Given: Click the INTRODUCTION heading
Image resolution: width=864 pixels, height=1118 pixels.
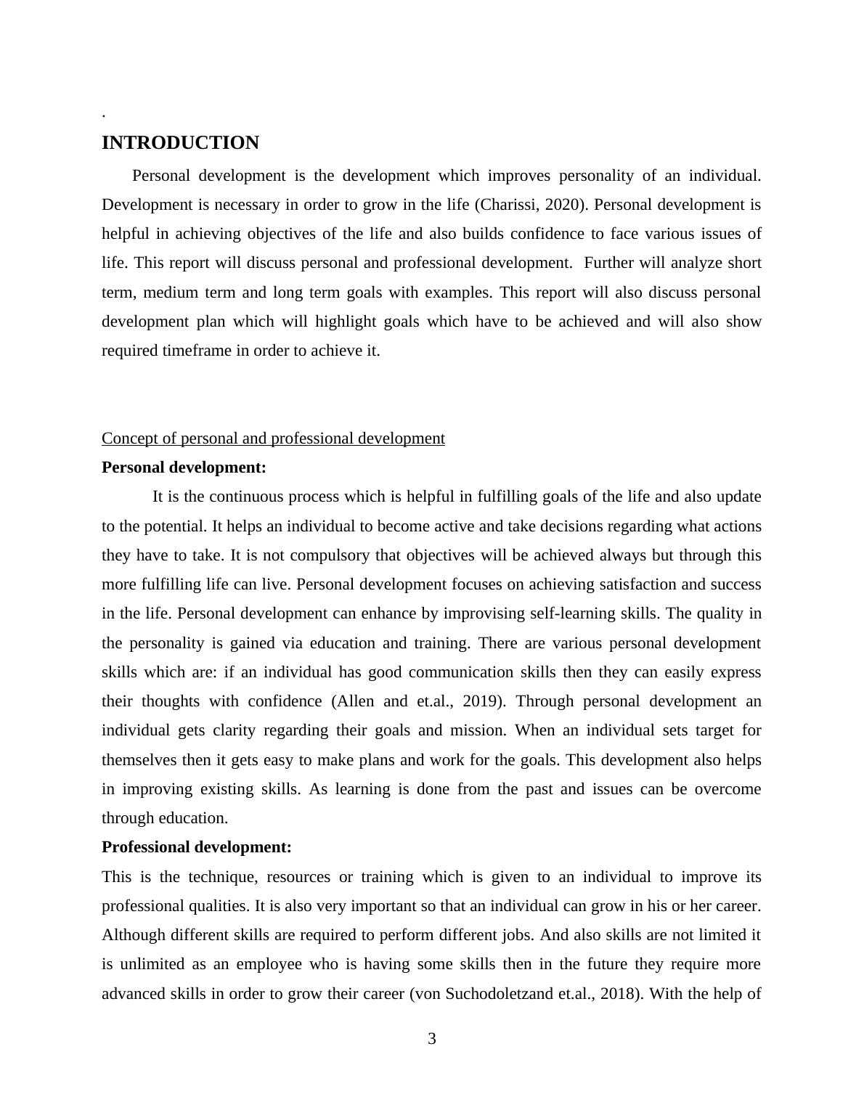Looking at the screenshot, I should [180, 143].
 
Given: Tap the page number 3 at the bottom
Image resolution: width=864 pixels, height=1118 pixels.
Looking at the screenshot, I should [432, 1039].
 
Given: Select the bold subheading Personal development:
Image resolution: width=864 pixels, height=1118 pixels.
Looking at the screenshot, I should [184, 468].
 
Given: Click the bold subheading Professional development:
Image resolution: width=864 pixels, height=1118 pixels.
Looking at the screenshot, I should [196, 847].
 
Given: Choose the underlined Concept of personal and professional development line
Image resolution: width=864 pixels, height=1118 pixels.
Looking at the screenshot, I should [273, 438].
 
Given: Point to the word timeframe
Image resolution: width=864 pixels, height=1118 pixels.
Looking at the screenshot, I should [192, 351].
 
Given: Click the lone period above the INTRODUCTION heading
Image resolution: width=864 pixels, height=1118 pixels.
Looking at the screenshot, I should [104, 115].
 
